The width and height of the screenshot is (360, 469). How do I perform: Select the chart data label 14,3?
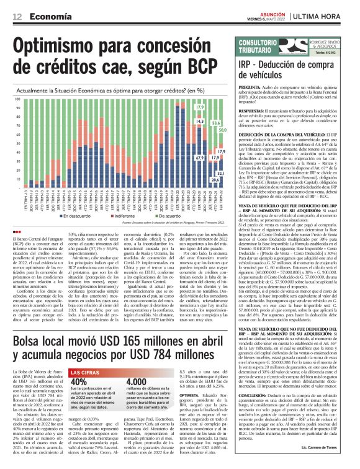(x=200, y=122)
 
